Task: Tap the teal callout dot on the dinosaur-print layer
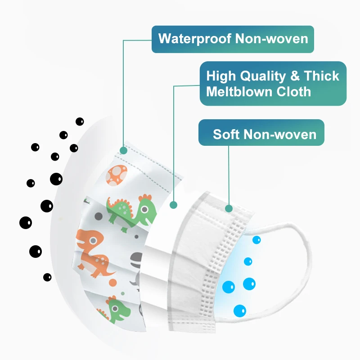pos(123,150)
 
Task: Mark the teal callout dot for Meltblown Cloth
pos(173,206)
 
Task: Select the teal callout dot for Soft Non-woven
pos(229,208)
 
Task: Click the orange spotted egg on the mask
pos(118,175)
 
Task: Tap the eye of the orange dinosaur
pos(93,241)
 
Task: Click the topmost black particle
pos(80,121)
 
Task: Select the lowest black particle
pos(47,277)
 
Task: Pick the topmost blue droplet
pos(256,240)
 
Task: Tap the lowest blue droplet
pos(240,310)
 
